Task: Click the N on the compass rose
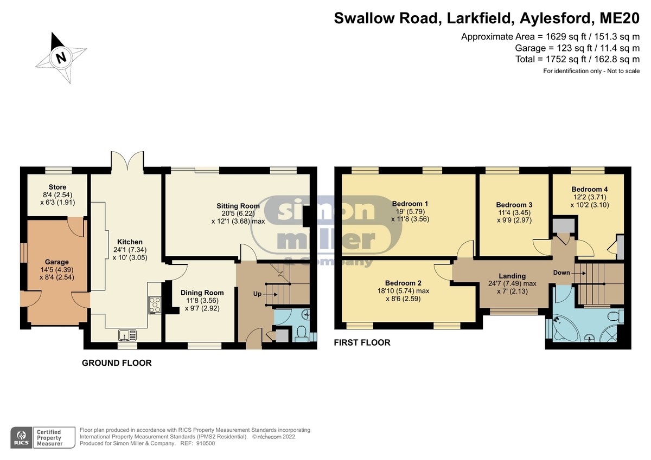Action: click(61, 57)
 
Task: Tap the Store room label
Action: click(58, 187)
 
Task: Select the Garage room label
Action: click(56, 262)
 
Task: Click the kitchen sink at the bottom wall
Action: click(127, 335)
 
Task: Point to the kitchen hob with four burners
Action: click(155, 304)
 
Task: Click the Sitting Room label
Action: click(238, 206)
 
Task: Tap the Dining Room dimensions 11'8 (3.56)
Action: click(202, 301)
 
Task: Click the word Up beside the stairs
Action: click(257, 294)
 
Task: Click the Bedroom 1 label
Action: click(410, 204)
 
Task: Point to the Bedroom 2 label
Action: click(403, 283)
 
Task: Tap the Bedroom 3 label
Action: click(514, 205)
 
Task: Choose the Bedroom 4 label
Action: click(589, 189)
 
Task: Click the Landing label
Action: click(512, 276)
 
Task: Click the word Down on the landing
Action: click(561, 273)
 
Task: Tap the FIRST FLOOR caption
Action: click(362, 343)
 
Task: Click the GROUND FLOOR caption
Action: click(117, 363)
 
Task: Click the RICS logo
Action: click(22, 437)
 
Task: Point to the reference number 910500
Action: click(206, 443)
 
